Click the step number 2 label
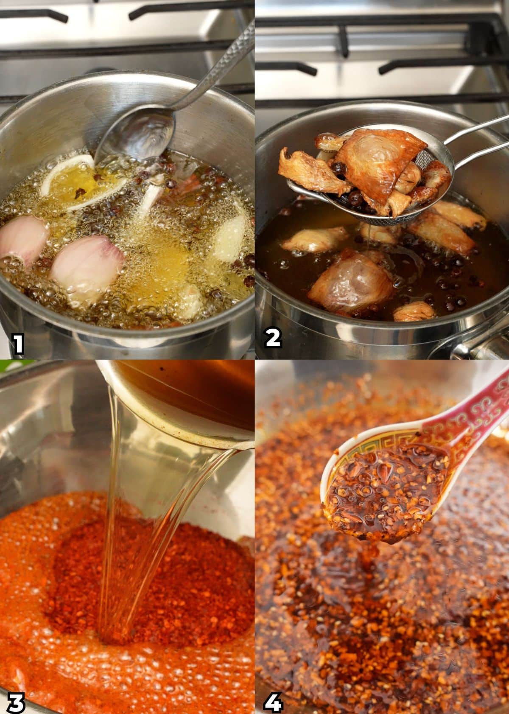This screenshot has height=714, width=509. (x=273, y=338)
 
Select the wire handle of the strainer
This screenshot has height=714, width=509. (x=471, y=136)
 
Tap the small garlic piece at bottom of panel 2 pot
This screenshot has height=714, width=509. (x=414, y=312)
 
